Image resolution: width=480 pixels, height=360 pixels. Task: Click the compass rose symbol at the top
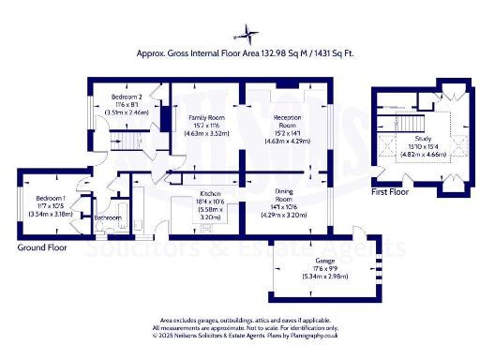tap(252, 35)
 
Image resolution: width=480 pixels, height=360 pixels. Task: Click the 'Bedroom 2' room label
tap(127, 97)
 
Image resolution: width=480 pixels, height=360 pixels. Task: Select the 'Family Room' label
tap(195, 115)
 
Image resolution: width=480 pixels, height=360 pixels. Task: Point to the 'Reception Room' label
tap(287, 120)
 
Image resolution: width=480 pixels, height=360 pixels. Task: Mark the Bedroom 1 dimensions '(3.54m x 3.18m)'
tap(51, 214)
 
